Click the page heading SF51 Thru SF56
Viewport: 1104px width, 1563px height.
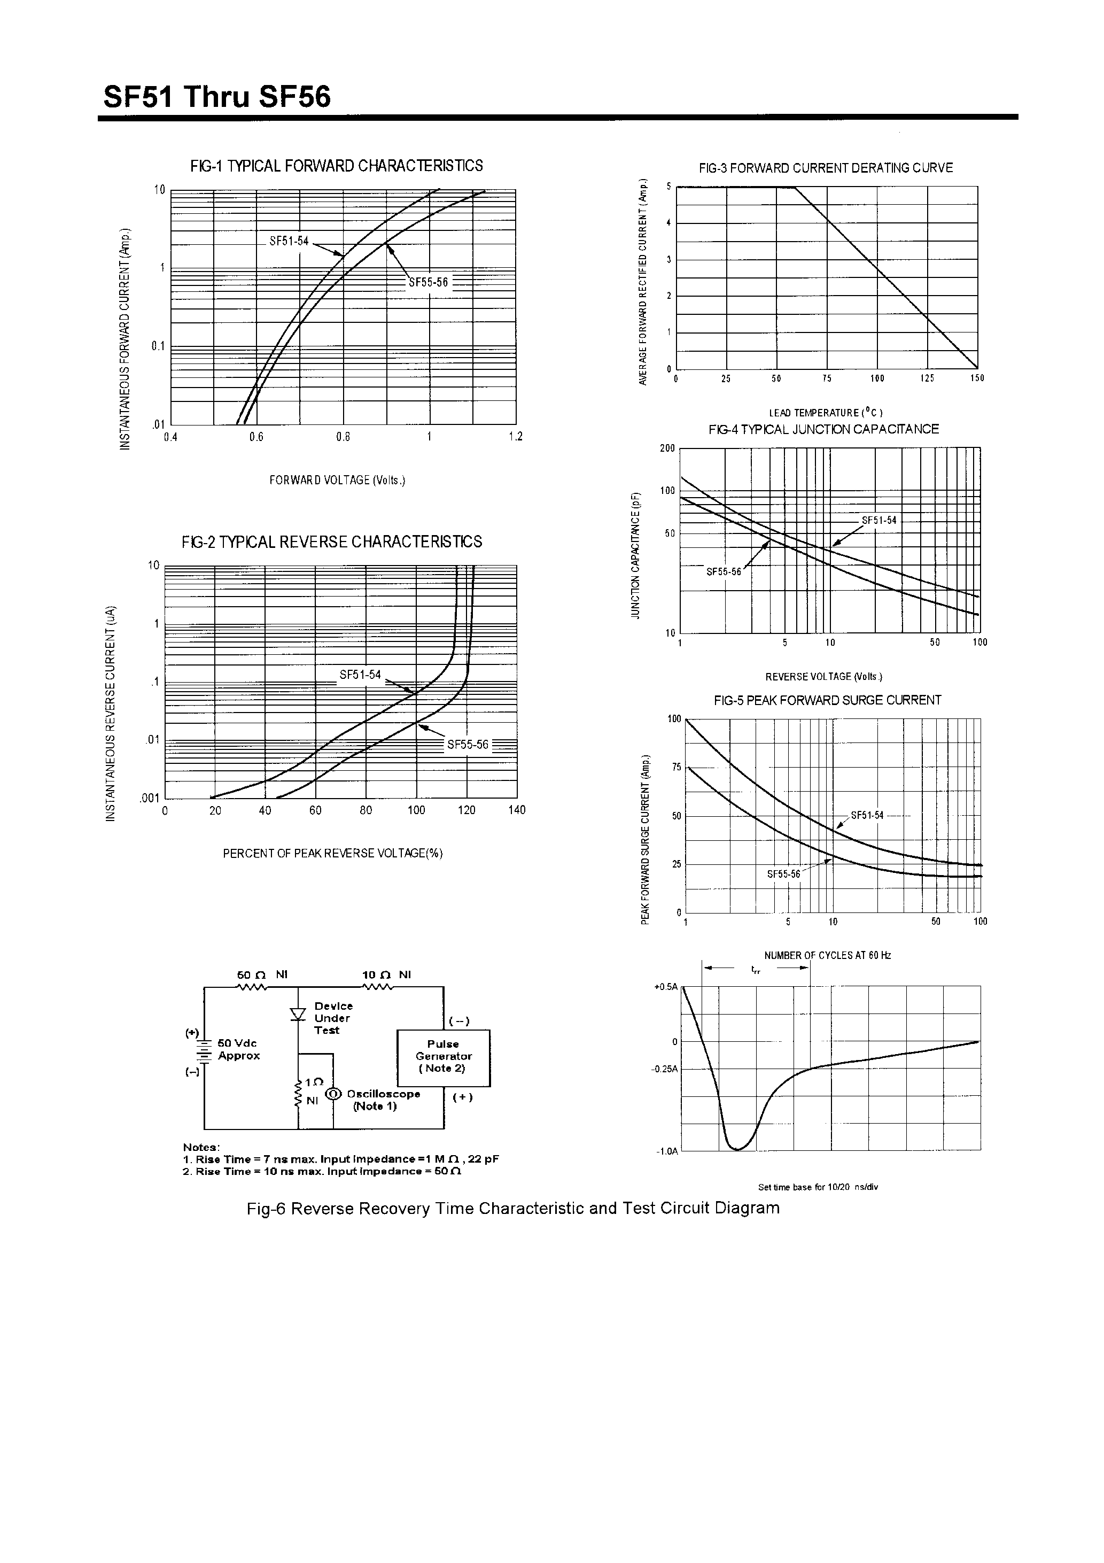[216, 97]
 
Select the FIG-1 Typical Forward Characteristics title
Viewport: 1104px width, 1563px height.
[336, 165]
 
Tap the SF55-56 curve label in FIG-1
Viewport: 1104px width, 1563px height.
[428, 283]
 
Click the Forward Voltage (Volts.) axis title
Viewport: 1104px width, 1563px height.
[337, 481]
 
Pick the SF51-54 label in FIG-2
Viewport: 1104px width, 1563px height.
[360, 675]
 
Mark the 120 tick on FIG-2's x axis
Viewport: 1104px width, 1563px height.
[467, 810]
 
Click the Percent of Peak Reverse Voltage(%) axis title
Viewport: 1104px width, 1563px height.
[333, 854]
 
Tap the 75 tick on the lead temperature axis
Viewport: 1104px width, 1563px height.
[826, 378]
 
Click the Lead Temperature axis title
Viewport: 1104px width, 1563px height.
[826, 413]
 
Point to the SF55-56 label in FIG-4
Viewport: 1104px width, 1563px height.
[723, 572]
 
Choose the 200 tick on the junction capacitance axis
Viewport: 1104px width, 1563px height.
[667, 448]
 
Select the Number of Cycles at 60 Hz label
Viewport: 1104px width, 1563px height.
[827, 955]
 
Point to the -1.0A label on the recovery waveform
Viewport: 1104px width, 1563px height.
[666, 1151]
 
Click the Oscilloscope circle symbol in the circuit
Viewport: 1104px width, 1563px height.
[333, 1093]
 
